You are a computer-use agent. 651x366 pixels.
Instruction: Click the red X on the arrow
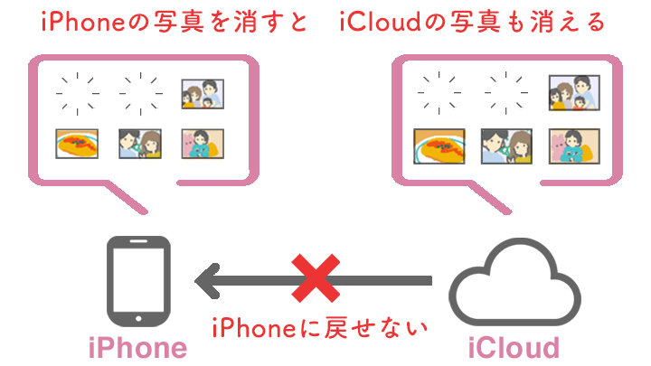point(316,278)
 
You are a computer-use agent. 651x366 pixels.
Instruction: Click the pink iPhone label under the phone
point(137,348)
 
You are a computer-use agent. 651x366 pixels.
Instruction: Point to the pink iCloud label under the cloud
point(514,348)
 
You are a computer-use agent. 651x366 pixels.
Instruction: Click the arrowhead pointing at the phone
point(208,281)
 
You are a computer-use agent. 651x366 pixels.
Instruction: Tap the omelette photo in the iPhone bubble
point(77,144)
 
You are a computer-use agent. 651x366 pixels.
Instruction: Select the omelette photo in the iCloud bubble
point(439,146)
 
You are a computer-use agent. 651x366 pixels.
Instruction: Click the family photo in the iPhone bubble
point(203,94)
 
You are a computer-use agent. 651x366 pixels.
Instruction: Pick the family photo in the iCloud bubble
point(574,92)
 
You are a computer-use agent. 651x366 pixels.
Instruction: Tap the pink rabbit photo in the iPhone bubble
point(203,144)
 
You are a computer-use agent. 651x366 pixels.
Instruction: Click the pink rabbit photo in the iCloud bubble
point(574,146)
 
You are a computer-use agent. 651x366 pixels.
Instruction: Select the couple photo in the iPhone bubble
point(140,144)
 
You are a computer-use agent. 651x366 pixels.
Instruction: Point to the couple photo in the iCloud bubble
point(506,146)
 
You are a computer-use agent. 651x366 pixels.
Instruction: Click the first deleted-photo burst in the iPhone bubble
point(78,93)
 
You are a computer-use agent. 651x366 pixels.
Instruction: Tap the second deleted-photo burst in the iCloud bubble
point(506,92)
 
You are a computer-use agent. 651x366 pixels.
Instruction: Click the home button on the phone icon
point(138,318)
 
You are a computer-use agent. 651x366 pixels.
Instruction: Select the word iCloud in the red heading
point(381,22)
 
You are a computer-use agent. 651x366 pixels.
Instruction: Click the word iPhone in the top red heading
point(83,22)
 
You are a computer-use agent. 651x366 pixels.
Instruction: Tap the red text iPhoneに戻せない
point(320,328)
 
